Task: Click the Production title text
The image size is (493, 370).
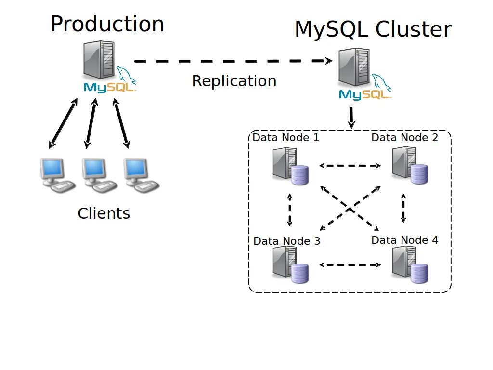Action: click(107, 24)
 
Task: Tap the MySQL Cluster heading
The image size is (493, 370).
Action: click(373, 29)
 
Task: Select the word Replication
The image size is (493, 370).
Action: click(234, 81)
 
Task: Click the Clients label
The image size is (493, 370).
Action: click(104, 213)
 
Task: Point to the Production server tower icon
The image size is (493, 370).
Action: click(99, 60)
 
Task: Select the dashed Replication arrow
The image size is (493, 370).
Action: click(233, 61)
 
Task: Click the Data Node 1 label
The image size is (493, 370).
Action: click(286, 138)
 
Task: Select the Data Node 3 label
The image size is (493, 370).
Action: click(286, 241)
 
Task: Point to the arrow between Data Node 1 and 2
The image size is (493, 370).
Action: click(350, 166)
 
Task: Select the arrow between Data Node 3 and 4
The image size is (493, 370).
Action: click(350, 264)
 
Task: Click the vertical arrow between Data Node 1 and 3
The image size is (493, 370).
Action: click(290, 210)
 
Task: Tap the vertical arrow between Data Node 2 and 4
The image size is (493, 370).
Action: click(403, 208)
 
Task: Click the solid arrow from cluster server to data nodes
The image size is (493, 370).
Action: click(351, 118)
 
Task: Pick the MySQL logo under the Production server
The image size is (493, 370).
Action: click(110, 87)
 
